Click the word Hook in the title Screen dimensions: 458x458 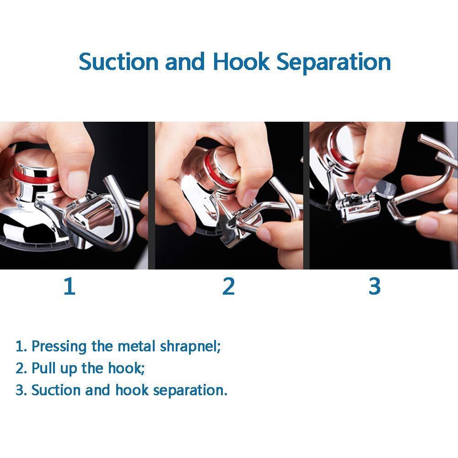pos(241,62)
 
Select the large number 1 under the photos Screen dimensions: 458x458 pos(69,286)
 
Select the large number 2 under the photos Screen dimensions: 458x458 pos(228,286)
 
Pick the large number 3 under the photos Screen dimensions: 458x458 pos(374,286)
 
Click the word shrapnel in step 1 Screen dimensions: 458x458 pos(189,346)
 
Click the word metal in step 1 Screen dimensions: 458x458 pos(137,346)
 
